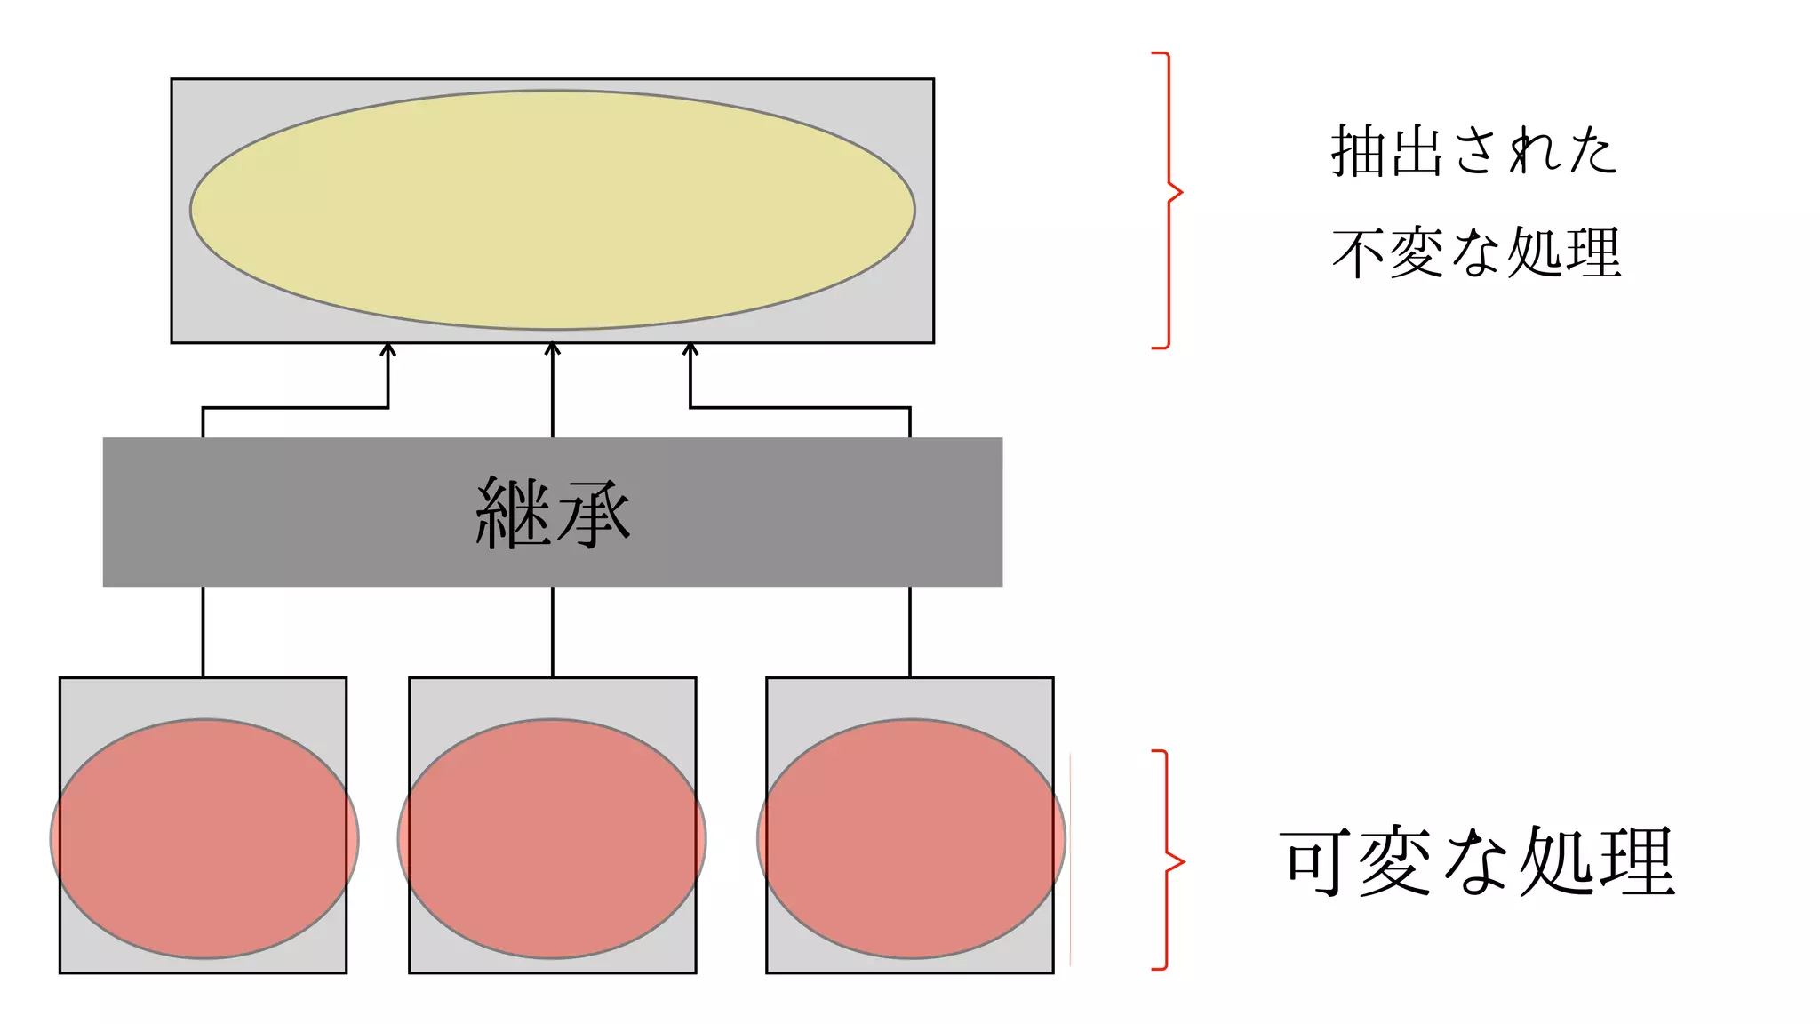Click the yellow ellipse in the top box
click(x=552, y=210)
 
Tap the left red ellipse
click(x=204, y=838)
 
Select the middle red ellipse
click(x=552, y=838)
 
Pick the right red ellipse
click(x=911, y=838)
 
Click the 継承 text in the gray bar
click(x=552, y=514)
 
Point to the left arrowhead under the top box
click(x=387, y=350)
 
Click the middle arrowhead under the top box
click(x=553, y=349)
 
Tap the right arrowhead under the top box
click(x=690, y=350)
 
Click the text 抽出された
click(x=1473, y=150)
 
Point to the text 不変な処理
click(x=1476, y=253)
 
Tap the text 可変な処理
click(x=1477, y=861)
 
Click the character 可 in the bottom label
click(x=1313, y=861)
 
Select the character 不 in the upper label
click(x=1358, y=253)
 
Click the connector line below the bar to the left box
click(x=204, y=631)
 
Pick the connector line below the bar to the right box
click(x=910, y=631)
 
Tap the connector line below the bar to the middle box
click(x=553, y=631)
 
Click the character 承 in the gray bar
click(x=592, y=514)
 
